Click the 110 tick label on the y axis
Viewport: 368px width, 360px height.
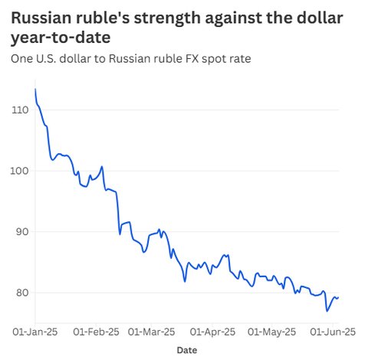[20, 110]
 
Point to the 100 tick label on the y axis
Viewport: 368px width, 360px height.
[19, 171]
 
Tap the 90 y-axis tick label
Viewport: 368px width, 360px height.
[22, 231]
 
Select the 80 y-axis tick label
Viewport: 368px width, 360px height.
[22, 293]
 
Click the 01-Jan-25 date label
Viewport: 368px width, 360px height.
[35, 332]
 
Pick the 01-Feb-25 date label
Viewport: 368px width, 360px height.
[96, 332]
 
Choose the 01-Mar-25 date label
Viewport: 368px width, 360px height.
[151, 332]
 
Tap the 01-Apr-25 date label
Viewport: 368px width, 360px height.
[212, 332]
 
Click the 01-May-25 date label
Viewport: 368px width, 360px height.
[272, 332]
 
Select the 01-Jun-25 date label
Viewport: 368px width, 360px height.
[333, 332]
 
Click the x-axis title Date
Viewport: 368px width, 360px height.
[187, 350]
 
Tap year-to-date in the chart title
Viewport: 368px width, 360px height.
[61, 38]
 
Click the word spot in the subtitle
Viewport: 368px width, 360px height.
[213, 59]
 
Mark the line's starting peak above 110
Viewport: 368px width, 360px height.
[35, 89]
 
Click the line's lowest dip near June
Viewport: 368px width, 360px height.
[327, 311]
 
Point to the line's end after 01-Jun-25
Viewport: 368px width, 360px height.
[338, 297]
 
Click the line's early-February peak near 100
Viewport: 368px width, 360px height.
[102, 167]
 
